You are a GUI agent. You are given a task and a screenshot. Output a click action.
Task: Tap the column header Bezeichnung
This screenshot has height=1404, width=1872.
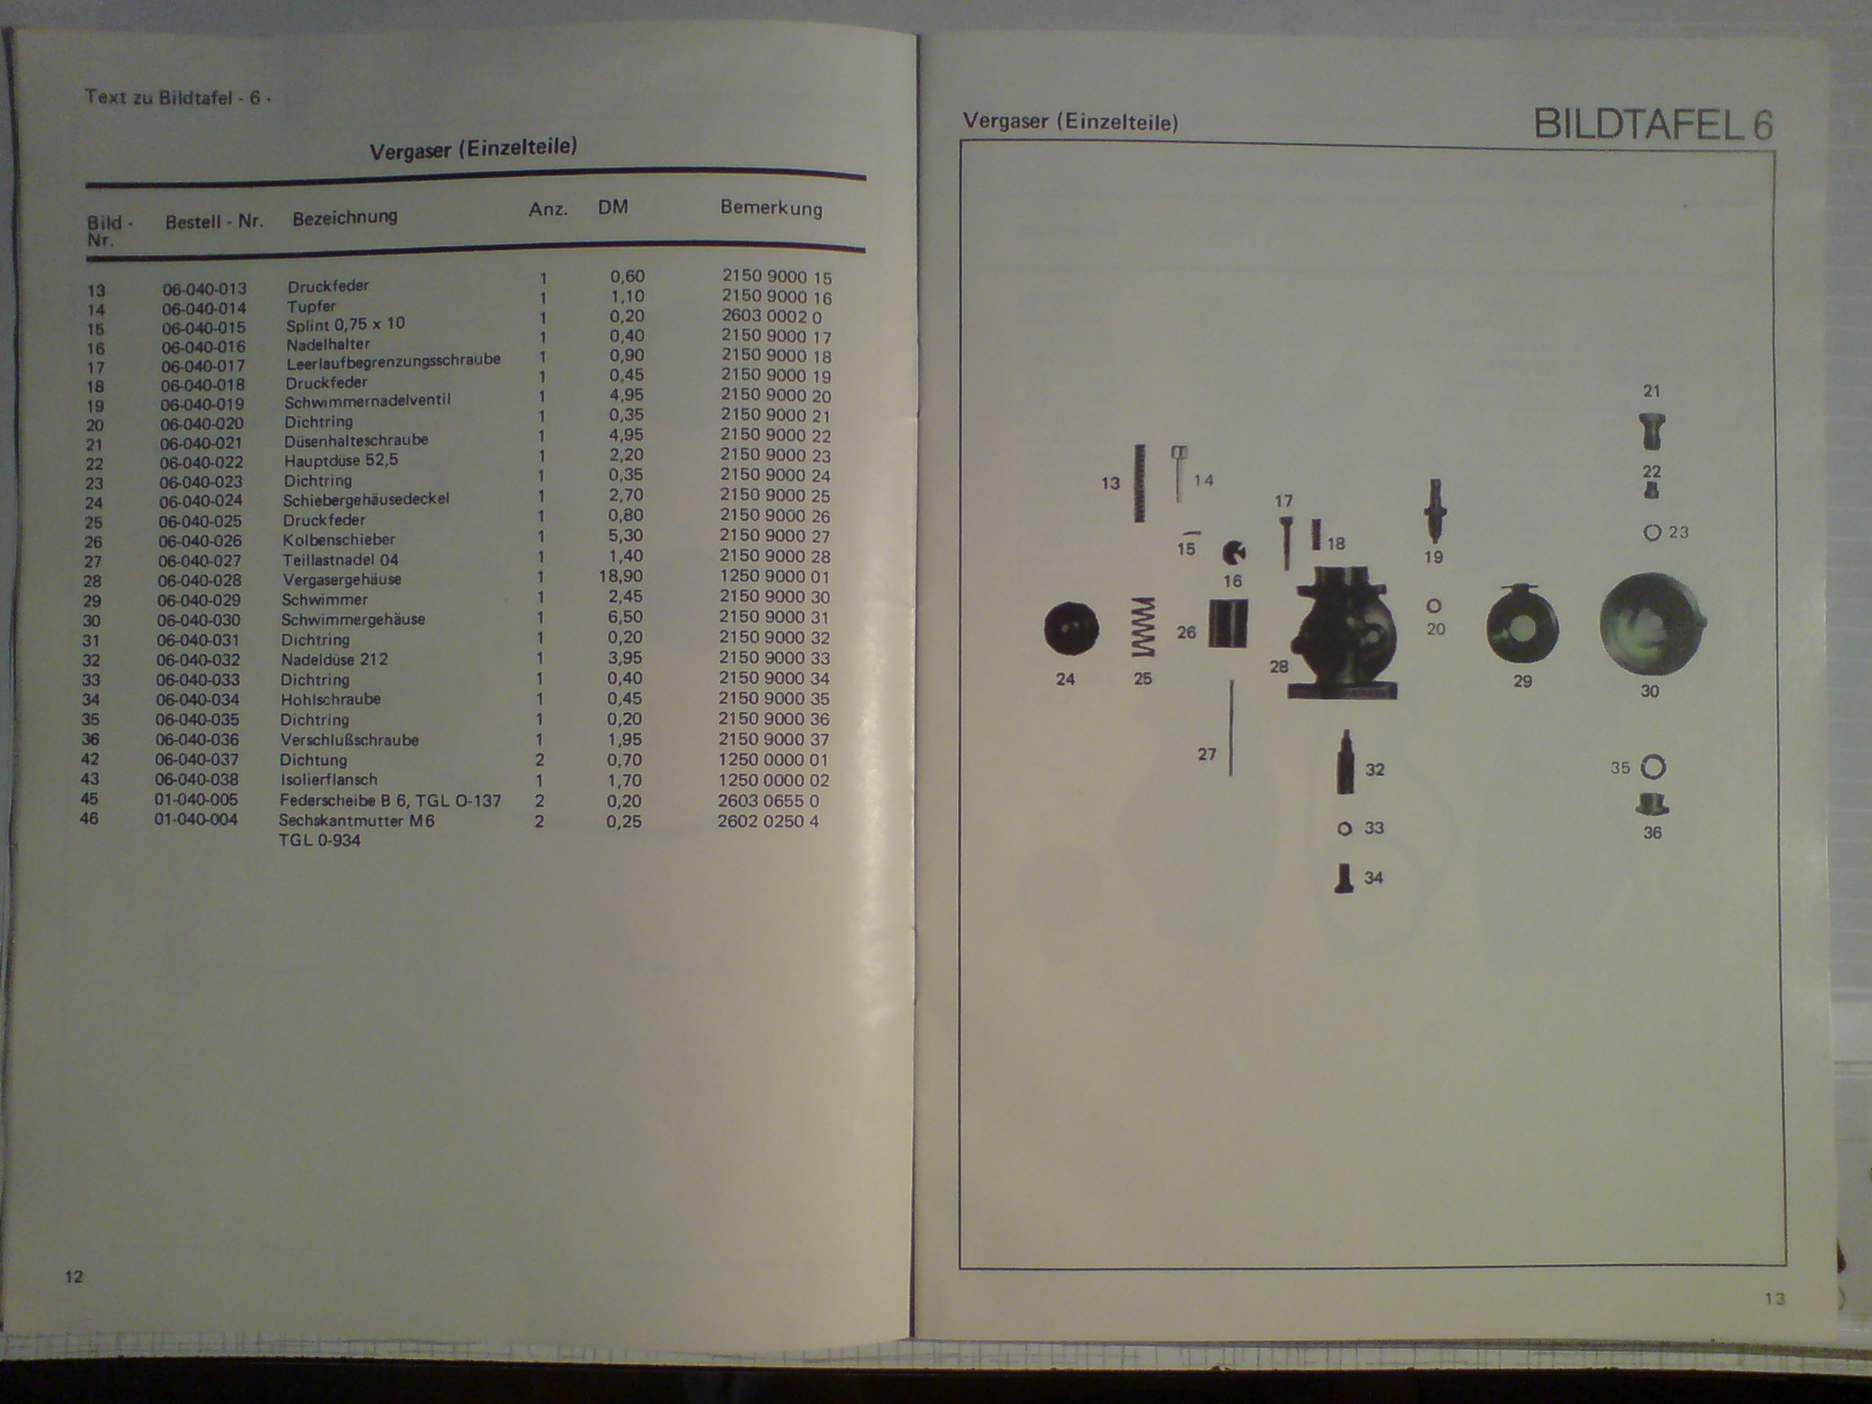pos(345,218)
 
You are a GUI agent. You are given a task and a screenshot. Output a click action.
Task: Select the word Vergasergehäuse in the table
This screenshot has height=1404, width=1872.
pos(342,580)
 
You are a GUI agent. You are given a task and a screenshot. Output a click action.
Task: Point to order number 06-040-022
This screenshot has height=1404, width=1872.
pos(202,463)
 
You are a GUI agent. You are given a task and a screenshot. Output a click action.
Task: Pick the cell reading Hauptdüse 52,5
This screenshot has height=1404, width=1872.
pos(341,460)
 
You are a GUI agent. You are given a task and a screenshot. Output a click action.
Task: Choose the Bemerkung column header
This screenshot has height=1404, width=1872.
pos(771,207)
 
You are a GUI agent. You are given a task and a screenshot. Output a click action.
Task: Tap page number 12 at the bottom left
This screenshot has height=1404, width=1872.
pos(74,1276)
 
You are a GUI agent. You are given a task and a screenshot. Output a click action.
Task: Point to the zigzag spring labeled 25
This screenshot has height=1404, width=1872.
pos(1143,628)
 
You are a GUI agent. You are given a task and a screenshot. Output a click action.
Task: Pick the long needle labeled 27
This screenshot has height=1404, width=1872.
pos(1231,727)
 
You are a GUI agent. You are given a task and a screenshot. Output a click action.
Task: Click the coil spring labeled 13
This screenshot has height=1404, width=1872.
pos(1139,483)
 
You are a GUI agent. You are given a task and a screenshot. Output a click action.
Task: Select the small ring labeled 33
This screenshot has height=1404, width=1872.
pos(1344,829)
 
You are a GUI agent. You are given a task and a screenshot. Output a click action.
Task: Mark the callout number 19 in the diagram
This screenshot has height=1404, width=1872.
pos(1433,558)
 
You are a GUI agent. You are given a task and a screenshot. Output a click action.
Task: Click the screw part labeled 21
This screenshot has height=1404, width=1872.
pos(1651,431)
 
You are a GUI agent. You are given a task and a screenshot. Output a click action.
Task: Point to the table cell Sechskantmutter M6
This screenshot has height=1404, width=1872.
pos(356,821)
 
